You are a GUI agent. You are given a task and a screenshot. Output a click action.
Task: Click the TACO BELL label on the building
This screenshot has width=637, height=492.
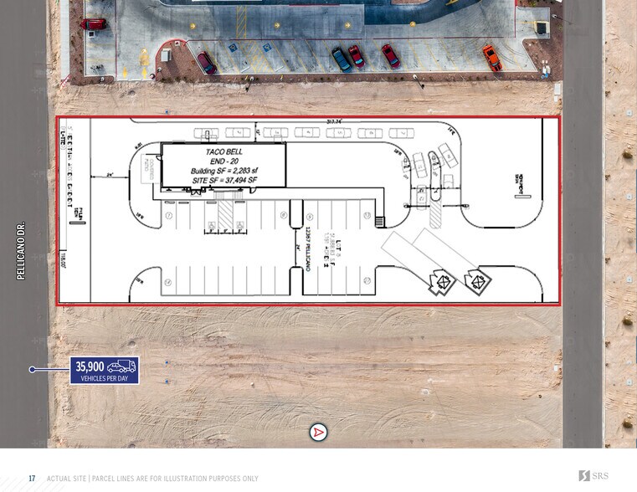(x=223, y=152)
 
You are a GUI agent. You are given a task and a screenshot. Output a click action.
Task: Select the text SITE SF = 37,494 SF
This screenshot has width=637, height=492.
(x=223, y=181)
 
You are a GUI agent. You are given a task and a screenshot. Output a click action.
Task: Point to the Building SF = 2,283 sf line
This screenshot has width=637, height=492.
(x=223, y=172)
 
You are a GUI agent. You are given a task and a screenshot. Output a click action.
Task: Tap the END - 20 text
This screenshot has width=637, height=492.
(x=223, y=161)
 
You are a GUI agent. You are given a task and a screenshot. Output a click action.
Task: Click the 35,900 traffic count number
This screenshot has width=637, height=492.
(x=90, y=366)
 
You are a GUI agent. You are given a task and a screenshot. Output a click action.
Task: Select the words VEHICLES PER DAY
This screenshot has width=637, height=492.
(x=104, y=378)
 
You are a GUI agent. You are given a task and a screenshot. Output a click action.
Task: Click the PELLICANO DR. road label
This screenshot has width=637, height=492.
(x=23, y=250)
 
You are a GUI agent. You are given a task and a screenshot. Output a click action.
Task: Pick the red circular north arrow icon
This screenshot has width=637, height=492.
(x=318, y=433)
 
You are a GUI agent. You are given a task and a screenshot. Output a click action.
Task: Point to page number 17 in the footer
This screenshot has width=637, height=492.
(x=32, y=478)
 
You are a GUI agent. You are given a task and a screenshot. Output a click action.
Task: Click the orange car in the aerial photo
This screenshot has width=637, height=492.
(x=491, y=57)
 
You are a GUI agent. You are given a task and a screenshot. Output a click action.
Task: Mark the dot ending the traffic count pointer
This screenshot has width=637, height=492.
(x=33, y=369)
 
